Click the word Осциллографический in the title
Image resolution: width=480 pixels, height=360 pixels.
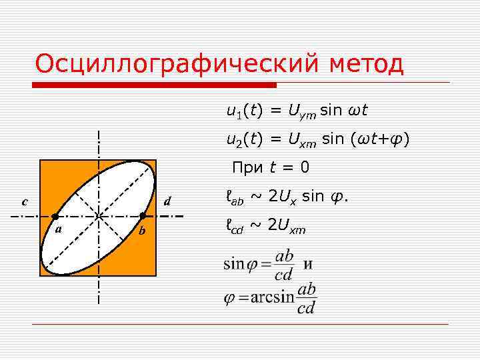[178, 65]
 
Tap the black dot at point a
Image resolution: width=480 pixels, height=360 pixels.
[55, 217]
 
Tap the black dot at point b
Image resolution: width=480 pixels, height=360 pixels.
[142, 216]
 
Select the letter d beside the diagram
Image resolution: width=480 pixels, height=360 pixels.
[168, 201]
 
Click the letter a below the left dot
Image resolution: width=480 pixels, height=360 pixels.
[59, 229]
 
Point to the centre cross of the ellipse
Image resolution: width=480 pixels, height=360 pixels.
[99, 217]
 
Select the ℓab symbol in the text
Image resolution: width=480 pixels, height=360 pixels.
[235, 197]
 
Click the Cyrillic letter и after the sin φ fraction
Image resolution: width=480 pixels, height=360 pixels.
[308, 263]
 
